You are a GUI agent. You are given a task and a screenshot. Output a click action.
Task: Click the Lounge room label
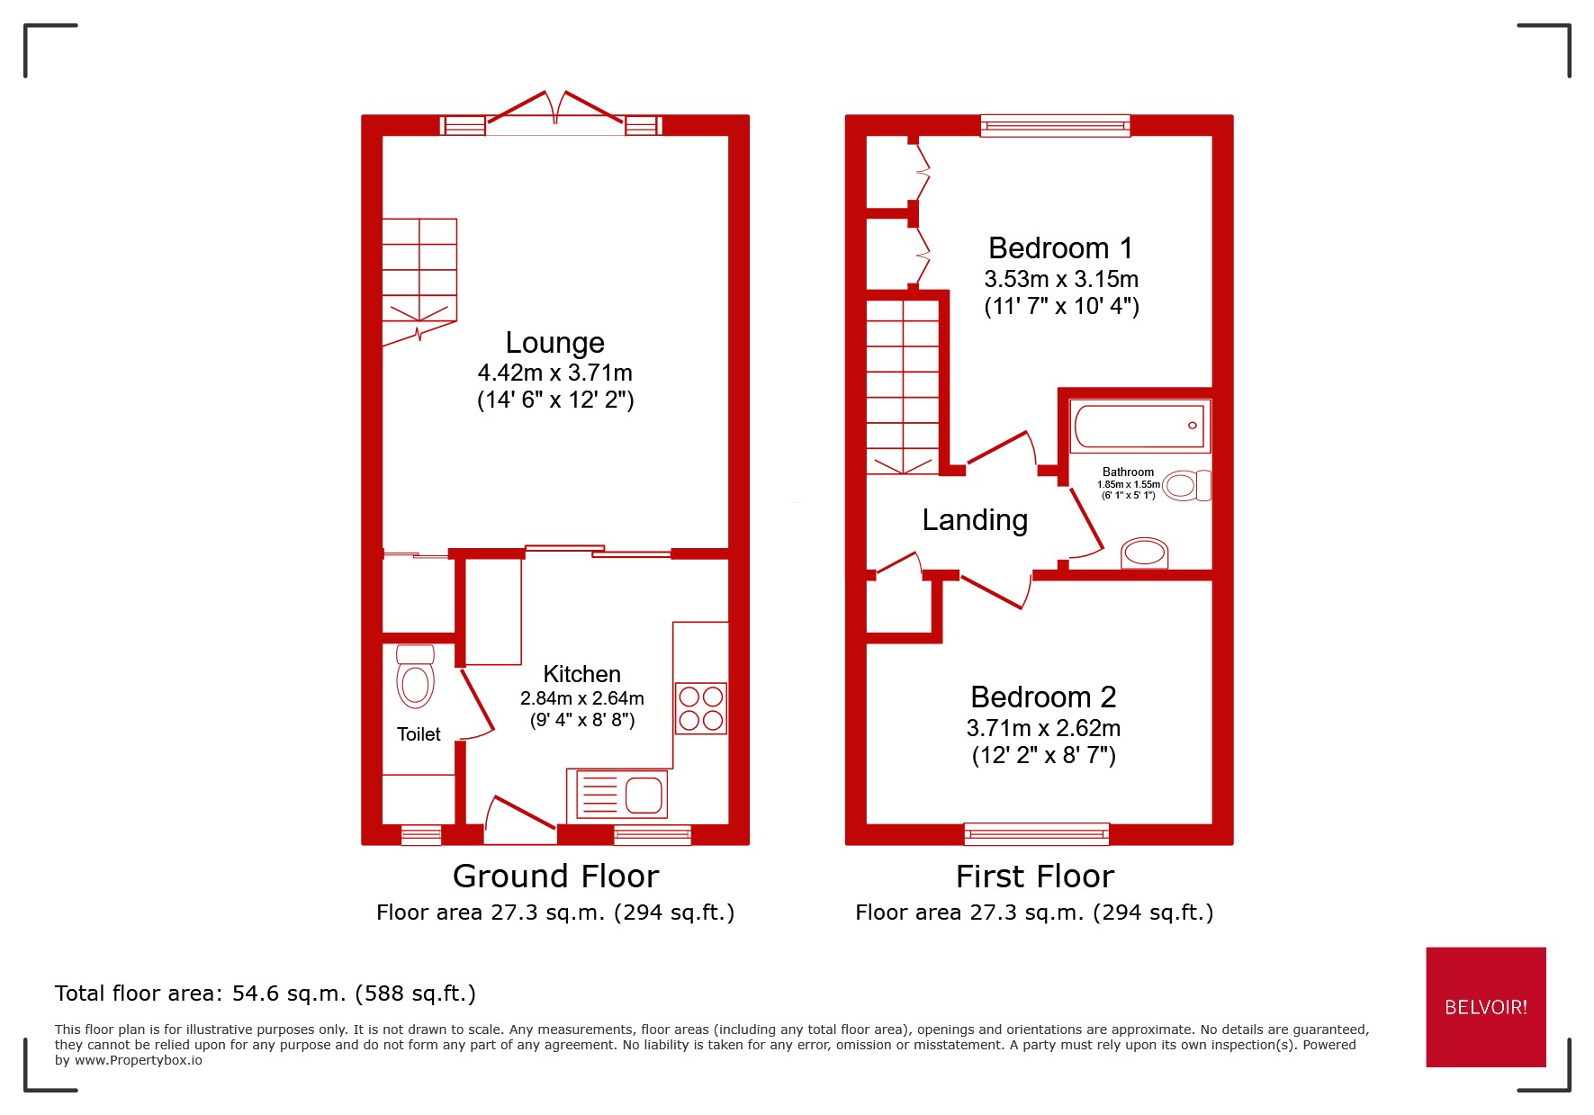(554, 343)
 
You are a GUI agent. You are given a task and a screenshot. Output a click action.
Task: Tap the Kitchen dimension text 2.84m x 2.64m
(581, 698)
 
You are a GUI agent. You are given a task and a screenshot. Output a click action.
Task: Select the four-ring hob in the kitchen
(700, 708)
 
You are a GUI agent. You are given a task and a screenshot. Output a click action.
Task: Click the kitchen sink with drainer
(617, 795)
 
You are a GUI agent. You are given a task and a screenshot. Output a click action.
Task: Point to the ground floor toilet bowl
(415, 684)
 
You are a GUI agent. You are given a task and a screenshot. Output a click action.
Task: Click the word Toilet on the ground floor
(419, 734)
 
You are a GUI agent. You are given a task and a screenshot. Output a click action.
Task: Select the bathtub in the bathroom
(1139, 427)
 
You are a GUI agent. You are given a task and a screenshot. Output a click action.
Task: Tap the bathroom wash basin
(1144, 553)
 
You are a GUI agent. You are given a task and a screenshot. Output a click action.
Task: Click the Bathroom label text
(1128, 472)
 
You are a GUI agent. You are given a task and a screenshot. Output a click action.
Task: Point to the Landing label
(975, 520)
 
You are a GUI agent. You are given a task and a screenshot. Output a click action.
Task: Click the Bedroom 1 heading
(1060, 248)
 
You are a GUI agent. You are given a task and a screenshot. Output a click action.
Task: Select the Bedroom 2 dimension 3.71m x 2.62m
(1043, 728)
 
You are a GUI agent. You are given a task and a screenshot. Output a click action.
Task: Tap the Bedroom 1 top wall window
(1055, 125)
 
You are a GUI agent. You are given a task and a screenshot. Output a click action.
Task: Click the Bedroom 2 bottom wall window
(1036, 834)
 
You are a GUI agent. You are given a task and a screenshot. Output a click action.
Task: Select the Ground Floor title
(555, 877)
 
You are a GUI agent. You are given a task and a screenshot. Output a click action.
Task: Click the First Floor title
(1034, 877)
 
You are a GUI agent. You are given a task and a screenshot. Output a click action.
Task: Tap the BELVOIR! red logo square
(1485, 1007)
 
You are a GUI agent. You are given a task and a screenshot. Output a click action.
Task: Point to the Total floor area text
(265, 994)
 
